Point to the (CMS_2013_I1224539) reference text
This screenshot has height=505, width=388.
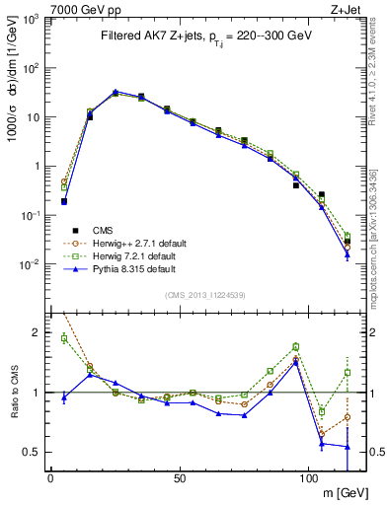(204, 293)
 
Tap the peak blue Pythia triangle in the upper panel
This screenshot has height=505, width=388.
(116, 92)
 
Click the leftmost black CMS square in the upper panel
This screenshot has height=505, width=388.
(64, 201)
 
